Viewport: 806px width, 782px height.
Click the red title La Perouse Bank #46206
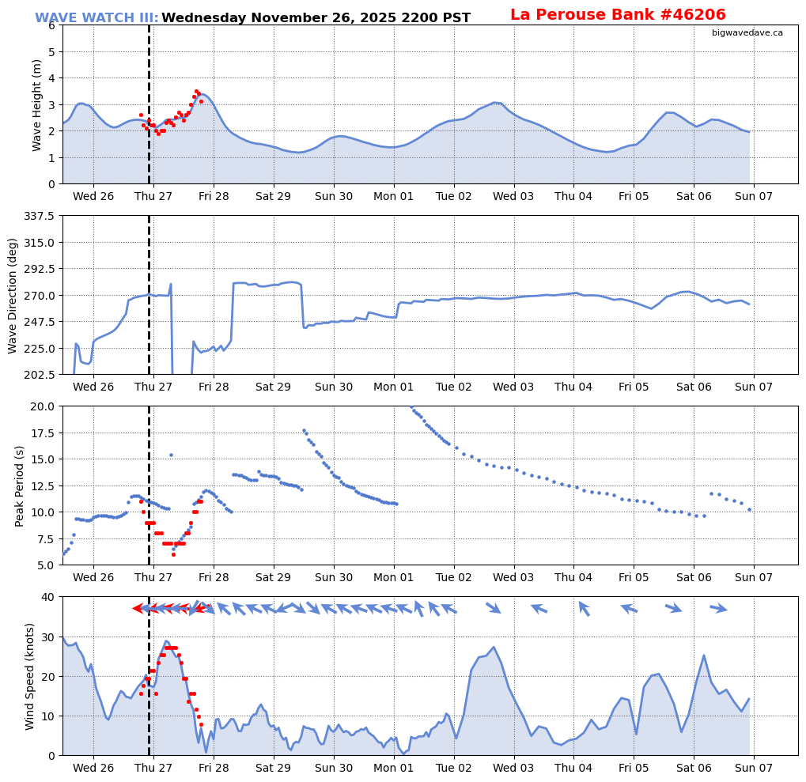(617, 15)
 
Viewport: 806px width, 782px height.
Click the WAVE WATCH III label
(96, 18)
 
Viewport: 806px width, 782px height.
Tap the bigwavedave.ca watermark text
(747, 32)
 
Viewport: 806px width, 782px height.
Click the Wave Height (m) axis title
(37, 104)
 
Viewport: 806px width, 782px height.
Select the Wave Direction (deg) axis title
(13, 295)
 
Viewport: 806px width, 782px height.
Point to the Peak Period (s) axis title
(20, 485)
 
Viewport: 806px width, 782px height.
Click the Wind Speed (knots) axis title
(31, 676)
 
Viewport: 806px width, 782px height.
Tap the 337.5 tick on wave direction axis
(38, 216)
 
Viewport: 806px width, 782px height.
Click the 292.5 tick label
(38, 269)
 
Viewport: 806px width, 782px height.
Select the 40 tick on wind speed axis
(47, 597)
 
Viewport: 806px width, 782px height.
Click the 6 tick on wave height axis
(51, 25)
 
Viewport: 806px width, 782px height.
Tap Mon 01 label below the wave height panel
(394, 196)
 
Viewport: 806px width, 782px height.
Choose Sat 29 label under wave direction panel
(274, 387)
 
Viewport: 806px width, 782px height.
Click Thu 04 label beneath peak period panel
(573, 577)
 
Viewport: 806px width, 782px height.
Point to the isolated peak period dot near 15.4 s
(171, 455)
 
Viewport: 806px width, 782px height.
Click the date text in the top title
(316, 18)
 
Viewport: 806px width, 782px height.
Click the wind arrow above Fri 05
(629, 609)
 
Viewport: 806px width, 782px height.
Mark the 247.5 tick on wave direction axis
(38, 322)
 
